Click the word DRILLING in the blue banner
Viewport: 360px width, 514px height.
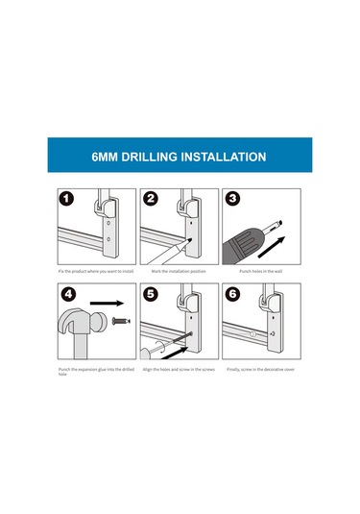click(150, 157)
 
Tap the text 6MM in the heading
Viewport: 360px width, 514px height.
click(105, 157)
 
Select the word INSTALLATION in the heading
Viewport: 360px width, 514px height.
click(224, 157)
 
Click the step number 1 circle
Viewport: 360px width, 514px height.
click(66, 199)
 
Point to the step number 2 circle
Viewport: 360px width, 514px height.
click(151, 199)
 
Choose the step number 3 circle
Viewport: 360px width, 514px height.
click(233, 199)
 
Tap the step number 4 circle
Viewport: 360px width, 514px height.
click(68, 294)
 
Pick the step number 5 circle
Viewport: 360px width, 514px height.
click(151, 294)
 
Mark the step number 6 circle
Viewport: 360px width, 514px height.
click(232, 294)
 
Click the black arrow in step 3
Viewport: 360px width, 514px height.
click(272, 247)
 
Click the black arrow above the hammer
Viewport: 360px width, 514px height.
click(107, 304)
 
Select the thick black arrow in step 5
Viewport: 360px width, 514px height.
click(175, 353)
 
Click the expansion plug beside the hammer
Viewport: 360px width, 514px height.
click(121, 321)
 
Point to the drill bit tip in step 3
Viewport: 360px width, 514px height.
click(280, 224)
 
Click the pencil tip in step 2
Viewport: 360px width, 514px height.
click(190, 239)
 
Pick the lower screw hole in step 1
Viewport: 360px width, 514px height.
click(108, 239)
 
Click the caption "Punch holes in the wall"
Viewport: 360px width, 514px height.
click(261, 272)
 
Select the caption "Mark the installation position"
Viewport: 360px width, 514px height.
click(179, 272)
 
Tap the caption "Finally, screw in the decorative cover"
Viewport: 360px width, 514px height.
click(261, 370)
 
